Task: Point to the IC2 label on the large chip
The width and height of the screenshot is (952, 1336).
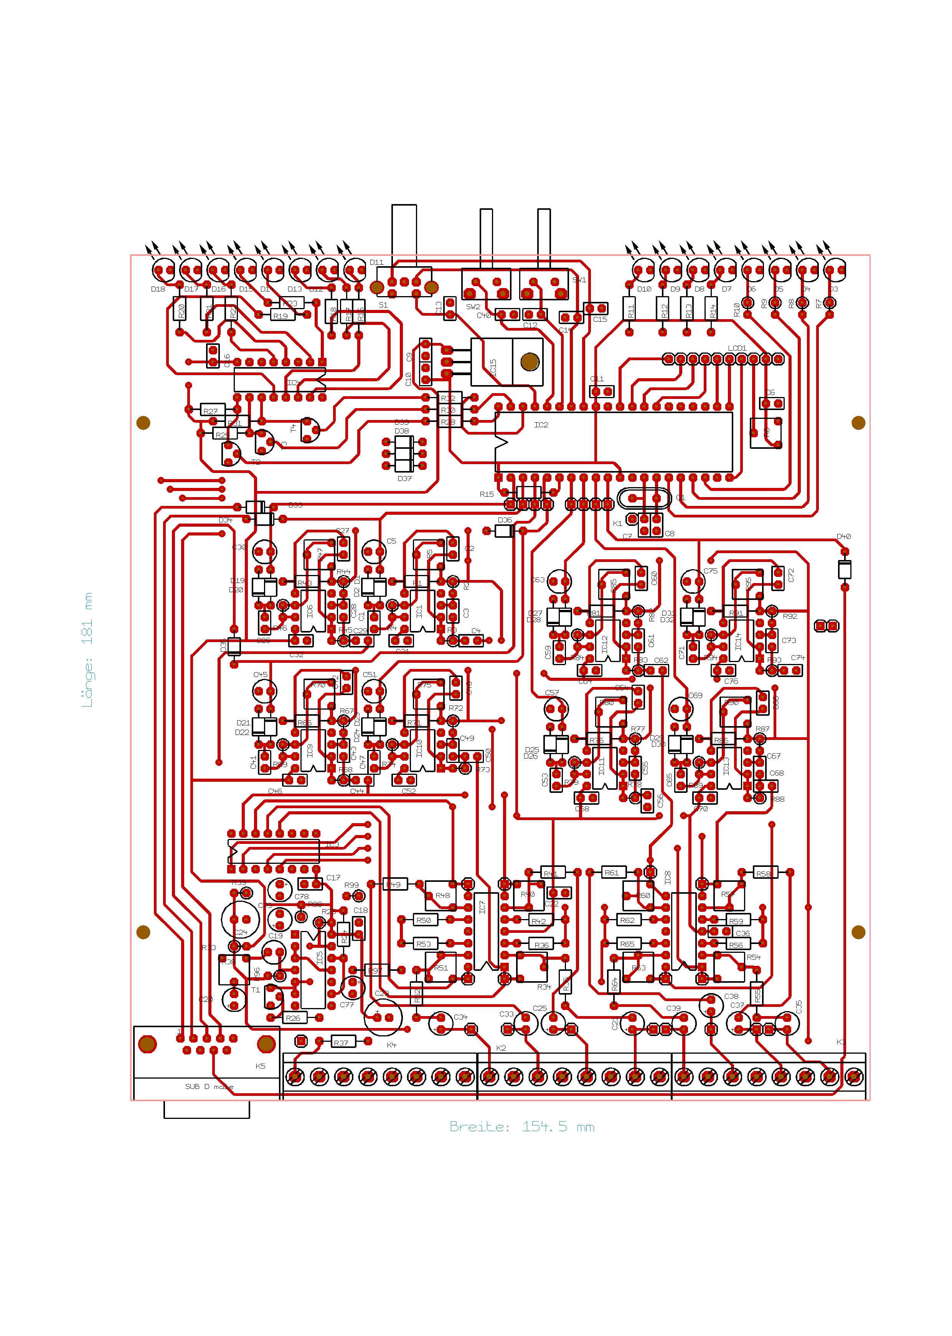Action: (541, 425)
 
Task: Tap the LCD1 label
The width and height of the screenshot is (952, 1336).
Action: (737, 348)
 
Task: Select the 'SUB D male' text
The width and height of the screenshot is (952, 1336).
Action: (209, 1086)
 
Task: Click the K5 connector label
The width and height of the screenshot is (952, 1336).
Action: (260, 1066)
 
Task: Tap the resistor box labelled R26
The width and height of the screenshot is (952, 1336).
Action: (294, 1018)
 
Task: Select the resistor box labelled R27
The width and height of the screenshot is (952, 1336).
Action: (212, 411)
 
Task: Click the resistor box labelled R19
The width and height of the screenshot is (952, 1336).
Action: (282, 316)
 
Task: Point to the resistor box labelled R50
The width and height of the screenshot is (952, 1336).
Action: (425, 920)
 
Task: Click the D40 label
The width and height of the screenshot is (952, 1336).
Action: (843, 536)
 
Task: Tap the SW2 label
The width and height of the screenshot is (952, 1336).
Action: (472, 306)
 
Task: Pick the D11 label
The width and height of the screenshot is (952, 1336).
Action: (376, 262)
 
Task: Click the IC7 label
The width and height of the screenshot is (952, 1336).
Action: (482, 907)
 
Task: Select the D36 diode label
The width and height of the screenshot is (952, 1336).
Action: (504, 520)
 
